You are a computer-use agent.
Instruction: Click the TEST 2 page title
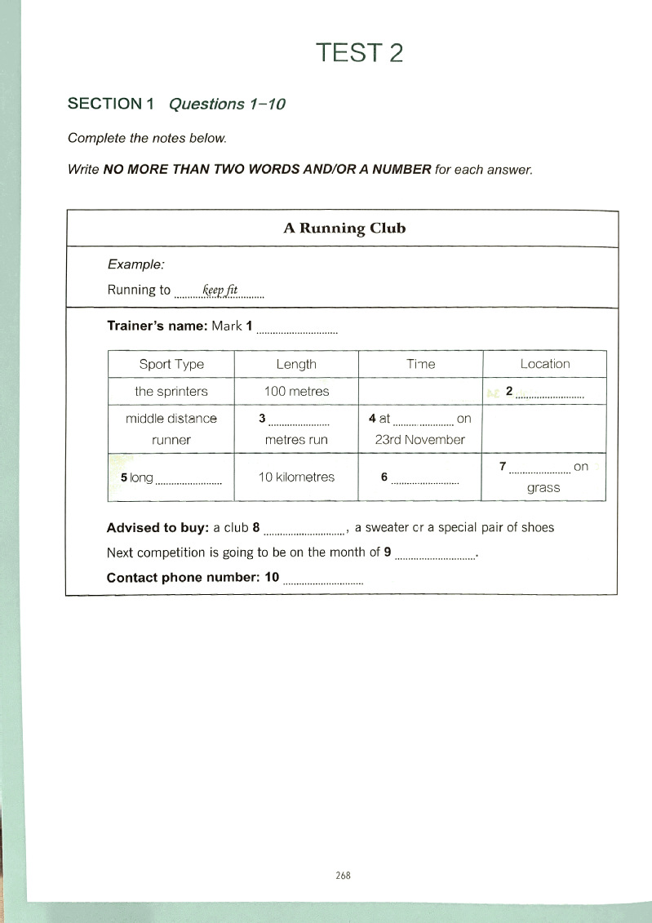(360, 53)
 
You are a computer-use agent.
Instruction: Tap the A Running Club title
(344, 228)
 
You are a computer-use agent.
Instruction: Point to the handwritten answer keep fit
(220, 290)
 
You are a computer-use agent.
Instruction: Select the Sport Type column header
(171, 364)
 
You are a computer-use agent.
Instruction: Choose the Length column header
(296, 364)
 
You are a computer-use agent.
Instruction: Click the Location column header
(545, 364)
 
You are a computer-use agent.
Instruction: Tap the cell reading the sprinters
(171, 391)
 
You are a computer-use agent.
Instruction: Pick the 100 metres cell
(296, 391)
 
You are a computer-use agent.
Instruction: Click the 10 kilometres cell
(296, 477)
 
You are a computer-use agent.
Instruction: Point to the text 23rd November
(420, 440)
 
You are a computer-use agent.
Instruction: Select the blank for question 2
(550, 394)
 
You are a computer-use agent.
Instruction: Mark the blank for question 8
(307, 531)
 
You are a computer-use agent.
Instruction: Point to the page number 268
(343, 875)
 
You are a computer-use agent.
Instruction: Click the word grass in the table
(543, 489)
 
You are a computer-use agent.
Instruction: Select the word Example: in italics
(136, 264)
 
